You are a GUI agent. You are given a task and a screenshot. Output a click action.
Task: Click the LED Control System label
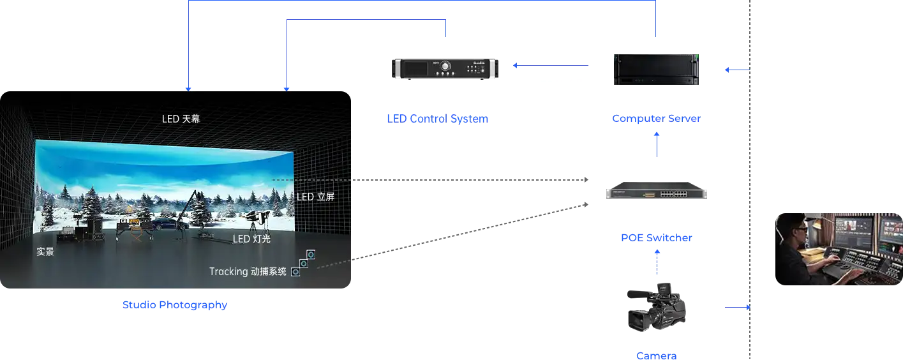tap(437, 118)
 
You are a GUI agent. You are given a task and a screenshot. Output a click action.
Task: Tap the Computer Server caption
tap(657, 118)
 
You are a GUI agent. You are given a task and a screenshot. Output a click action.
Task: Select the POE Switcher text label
tap(657, 238)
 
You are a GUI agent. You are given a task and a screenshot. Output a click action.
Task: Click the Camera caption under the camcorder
tap(657, 356)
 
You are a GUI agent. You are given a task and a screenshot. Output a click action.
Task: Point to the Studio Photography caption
tap(175, 305)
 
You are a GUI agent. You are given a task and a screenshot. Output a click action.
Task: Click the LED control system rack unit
tap(444, 69)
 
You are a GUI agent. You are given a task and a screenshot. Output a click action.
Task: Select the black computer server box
tap(656, 69)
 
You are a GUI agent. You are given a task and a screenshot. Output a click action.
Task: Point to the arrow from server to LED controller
tap(552, 64)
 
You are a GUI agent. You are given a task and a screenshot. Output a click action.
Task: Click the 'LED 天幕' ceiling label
tap(181, 119)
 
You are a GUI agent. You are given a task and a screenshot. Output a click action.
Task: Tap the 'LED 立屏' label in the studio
tap(315, 197)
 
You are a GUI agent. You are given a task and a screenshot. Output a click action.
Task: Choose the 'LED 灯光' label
tap(251, 239)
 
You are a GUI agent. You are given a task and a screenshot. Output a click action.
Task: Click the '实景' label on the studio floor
tap(45, 252)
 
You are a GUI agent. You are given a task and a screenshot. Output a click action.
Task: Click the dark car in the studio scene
tap(164, 225)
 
